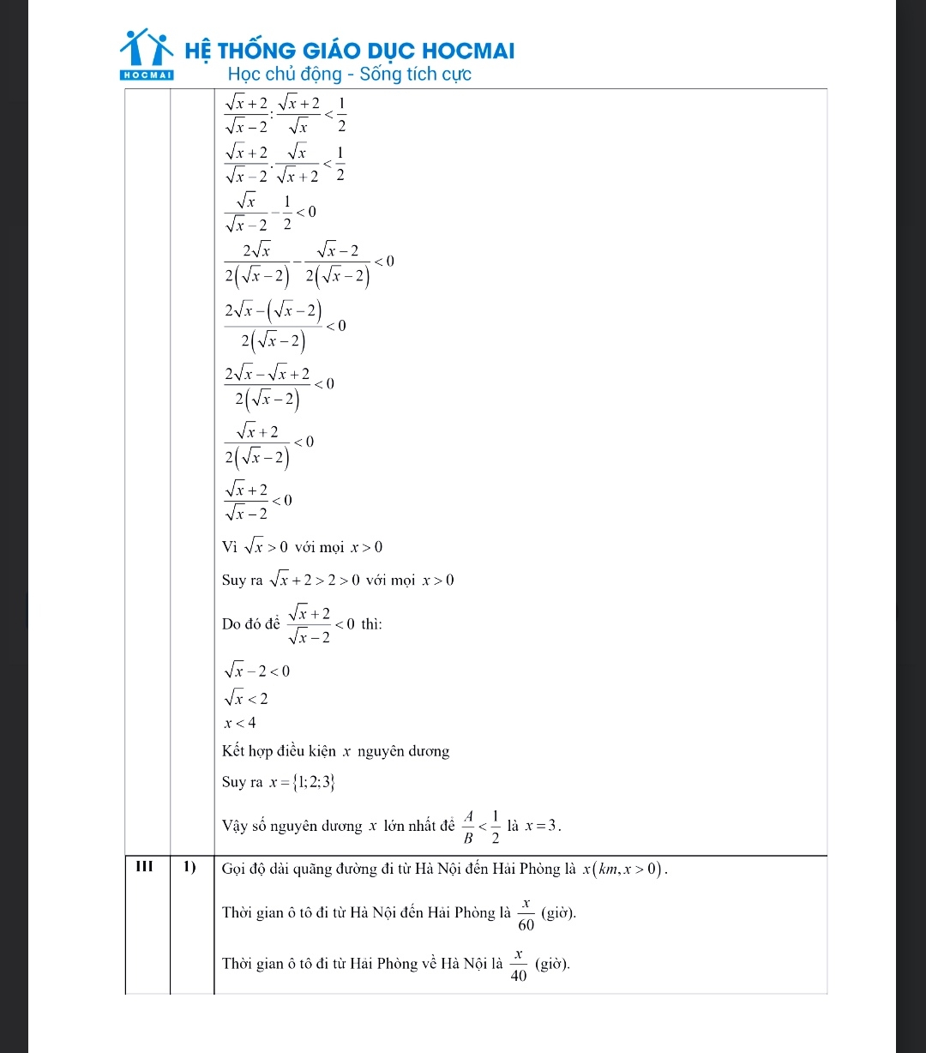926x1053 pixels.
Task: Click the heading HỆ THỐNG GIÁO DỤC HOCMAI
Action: pos(350,51)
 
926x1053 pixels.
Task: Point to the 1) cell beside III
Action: pos(190,867)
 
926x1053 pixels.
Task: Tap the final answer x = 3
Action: pos(543,826)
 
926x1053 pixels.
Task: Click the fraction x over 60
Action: pos(526,913)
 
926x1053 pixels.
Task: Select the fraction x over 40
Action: pos(518,966)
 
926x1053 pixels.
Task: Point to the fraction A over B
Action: pos(468,826)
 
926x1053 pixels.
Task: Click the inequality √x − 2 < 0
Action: pos(256,670)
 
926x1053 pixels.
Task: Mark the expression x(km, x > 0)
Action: pos(624,869)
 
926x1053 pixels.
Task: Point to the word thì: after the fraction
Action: pos(370,623)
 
